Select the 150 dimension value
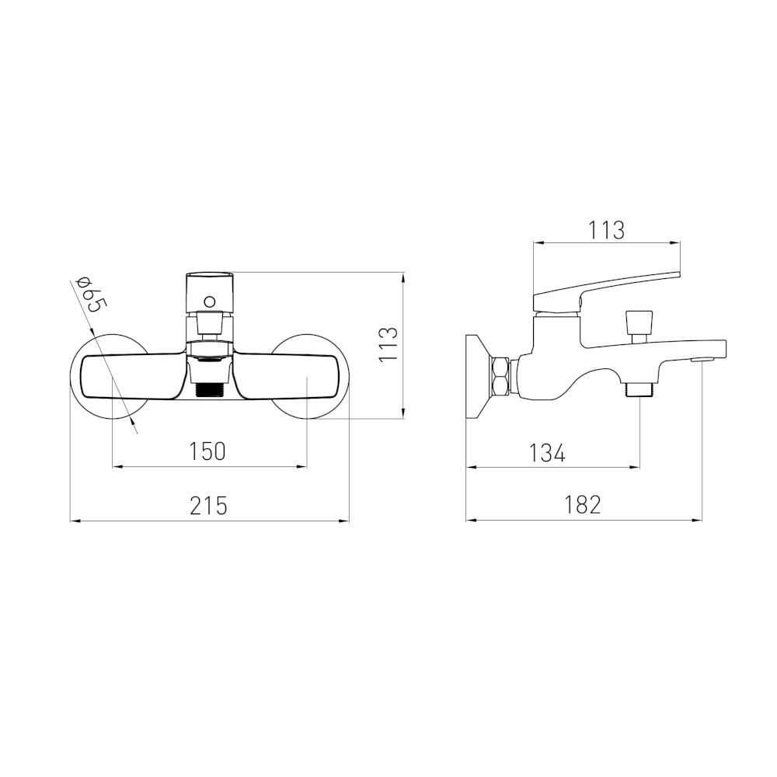click(207, 451)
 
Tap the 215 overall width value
click(208, 506)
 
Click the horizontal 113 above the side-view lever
click(607, 230)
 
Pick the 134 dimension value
click(547, 453)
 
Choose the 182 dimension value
click(583, 505)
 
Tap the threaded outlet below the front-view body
click(209, 390)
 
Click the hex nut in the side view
click(500, 375)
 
